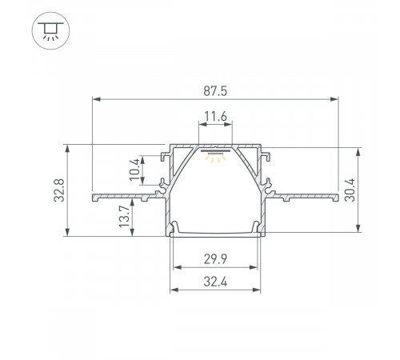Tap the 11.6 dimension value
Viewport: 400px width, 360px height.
point(214,118)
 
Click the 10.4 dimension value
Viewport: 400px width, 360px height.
point(134,169)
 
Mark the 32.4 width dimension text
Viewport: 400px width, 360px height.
point(214,281)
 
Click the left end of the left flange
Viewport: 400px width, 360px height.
point(95,194)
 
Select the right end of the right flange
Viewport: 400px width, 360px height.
point(335,194)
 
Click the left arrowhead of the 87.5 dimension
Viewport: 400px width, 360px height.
point(97,100)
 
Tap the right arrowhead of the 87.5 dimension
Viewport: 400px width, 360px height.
point(334,100)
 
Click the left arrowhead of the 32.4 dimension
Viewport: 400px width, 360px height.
point(170,290)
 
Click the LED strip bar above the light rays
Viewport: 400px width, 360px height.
point(214,149)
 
